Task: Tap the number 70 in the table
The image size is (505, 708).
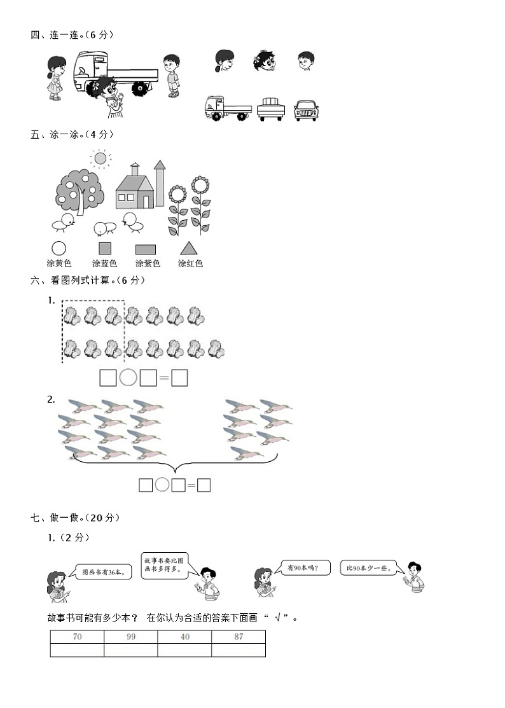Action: (77, 637)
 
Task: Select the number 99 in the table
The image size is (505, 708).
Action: (131, 637)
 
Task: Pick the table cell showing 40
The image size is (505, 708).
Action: (184, 637)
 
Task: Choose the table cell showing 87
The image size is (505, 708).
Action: (239, 637)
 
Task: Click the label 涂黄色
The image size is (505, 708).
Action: (59, 263)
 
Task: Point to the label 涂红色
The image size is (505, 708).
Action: (190, 263)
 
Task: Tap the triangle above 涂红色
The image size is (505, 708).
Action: (189, 248)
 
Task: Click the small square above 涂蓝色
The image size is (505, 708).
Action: (105, 248)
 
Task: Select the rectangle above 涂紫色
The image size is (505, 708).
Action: (146, 249)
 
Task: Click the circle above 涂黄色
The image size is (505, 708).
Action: (59, 248)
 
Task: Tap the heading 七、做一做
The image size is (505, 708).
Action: (75, 518)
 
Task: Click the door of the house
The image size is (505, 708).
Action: (146, 200)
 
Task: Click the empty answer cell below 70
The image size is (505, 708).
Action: (77, 650)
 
